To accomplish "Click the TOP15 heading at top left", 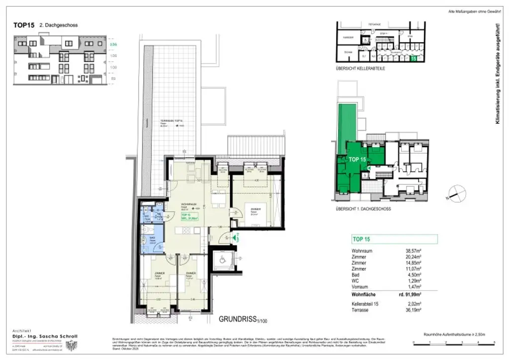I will [23, 25].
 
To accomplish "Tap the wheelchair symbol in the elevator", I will [219, 260].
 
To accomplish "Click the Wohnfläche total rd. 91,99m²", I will [410, 294].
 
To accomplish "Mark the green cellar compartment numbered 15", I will [414, 59].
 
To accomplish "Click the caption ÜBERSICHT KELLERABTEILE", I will [360, 68].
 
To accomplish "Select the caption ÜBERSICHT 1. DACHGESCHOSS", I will [363, 209].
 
